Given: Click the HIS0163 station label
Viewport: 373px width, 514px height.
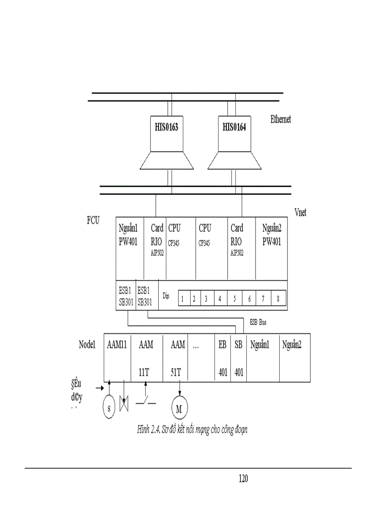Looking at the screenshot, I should pyautogui.click(x=166, y=127).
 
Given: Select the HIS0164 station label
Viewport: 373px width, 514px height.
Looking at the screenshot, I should pyautogui.click(x=234, y=127).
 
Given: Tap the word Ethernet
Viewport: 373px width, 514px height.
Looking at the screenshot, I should pyautogui.click(x=281, y=119).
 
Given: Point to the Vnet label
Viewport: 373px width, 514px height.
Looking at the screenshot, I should pyautogui.click(x=300, y=212).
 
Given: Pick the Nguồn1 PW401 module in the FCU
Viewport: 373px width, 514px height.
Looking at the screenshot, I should pyautogui.click(x=128, y=234).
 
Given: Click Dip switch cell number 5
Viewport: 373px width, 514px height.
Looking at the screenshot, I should pyautogui.click(x=234, y=299).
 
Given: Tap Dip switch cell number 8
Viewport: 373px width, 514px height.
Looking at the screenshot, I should pyautogui.click(x=278, y=299).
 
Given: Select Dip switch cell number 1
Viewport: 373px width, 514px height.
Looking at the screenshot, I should pyautogui.click(x=182, y=299).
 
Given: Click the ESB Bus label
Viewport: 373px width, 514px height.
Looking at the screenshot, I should pyautogui.click(x=258, y=322).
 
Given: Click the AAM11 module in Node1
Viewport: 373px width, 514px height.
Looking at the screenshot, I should pyautogui.click(x=117, y=346).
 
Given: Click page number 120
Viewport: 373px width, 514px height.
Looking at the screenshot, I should pyautogui.click(x=243, y=479).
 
